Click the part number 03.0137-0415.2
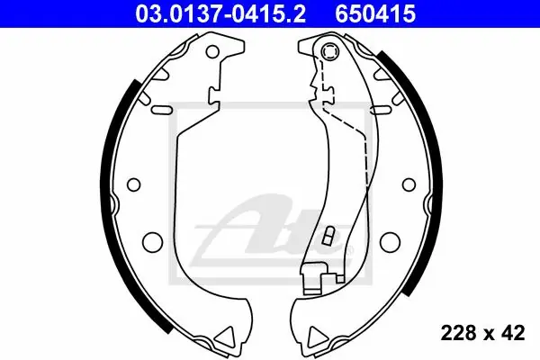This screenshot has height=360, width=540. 220,13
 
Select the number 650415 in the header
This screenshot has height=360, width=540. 375,13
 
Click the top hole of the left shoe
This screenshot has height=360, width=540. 212,51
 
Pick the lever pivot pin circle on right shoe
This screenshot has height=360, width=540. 329,51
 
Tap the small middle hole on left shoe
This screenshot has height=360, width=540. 133,184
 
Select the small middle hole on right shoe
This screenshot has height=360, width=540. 409,184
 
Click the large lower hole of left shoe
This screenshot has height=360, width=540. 152,241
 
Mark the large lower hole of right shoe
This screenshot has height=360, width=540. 391,241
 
